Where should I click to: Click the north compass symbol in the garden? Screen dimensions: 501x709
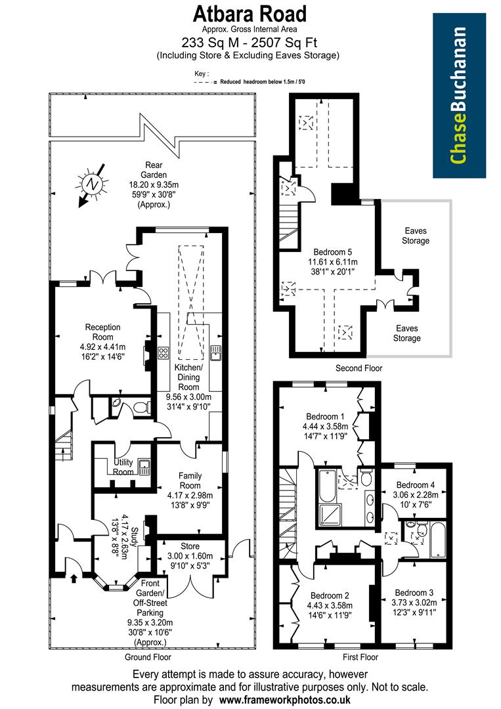pos(91,185)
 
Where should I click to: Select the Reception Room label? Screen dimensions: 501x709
pos(103,332)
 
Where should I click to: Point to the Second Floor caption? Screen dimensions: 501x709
pos(358,368)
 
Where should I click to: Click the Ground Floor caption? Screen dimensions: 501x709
pos(148,656)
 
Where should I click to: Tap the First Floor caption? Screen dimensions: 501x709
pos(360,656)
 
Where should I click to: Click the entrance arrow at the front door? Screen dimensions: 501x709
pos(73,578)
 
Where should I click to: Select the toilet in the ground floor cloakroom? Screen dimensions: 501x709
pos(140,408)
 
